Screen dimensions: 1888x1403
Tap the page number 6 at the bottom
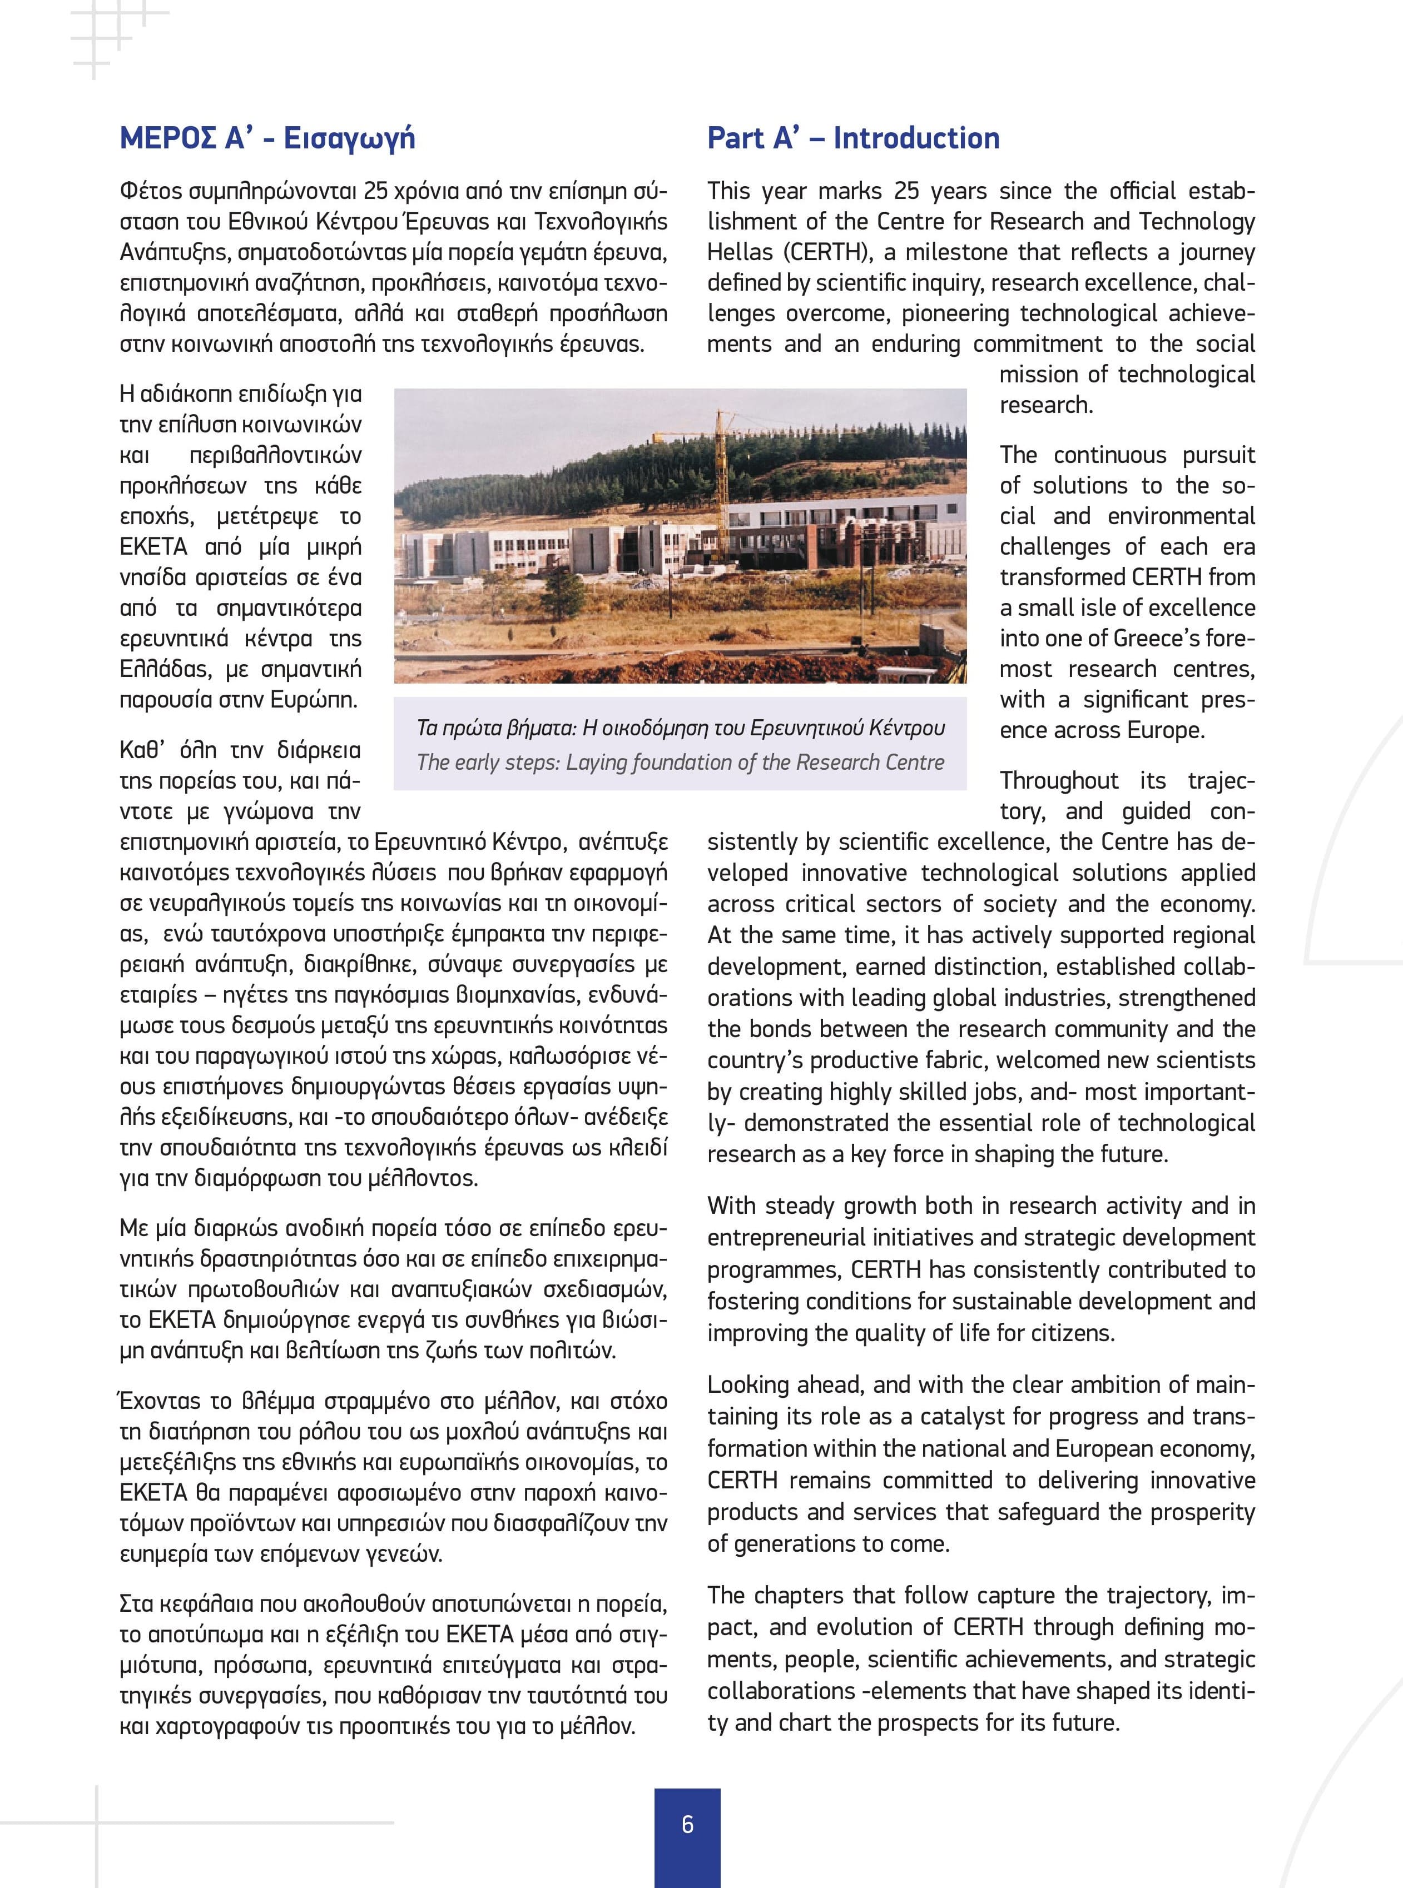tap(687, 1824)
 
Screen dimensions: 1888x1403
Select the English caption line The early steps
tap(680, 763)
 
